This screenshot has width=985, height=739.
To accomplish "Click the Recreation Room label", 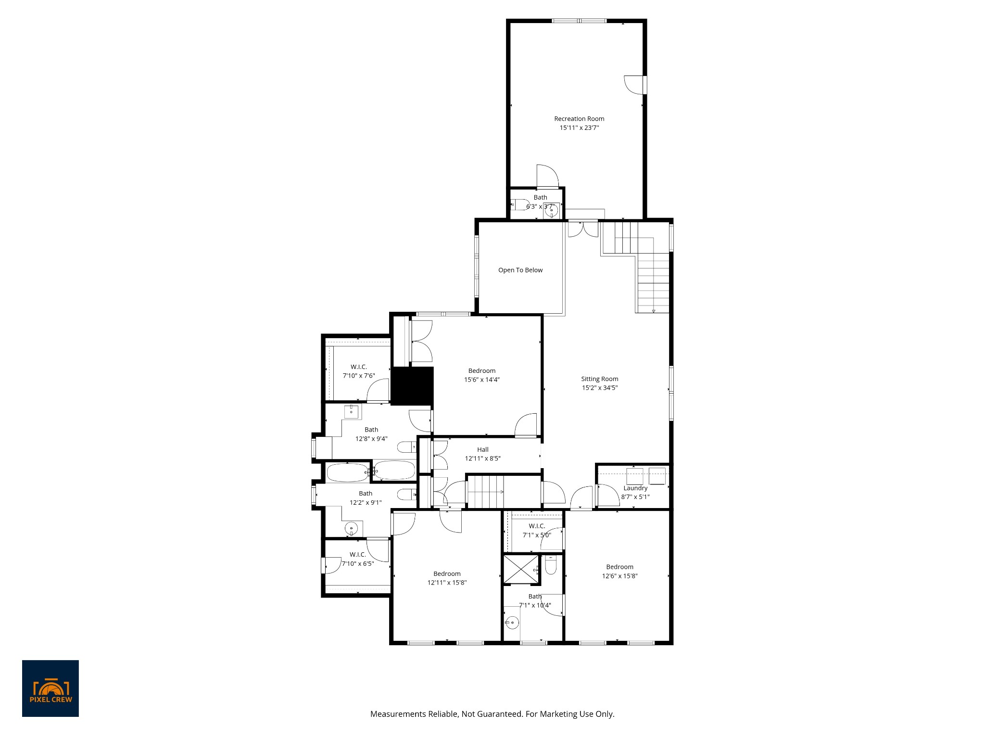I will pos(579,119).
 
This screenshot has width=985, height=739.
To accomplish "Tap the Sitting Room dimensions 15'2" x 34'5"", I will pos(599,388).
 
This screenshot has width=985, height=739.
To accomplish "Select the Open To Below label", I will pos(520,270).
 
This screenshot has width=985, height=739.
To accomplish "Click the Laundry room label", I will pos(635,488).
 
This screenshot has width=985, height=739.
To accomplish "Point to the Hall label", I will pos(483,450).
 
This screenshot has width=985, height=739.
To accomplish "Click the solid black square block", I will pos(412,386).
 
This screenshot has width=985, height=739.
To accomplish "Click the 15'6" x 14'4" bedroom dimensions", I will pos(482,380).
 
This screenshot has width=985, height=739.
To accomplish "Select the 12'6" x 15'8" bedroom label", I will pos(619,567).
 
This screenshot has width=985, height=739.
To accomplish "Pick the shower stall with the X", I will pos(521,570).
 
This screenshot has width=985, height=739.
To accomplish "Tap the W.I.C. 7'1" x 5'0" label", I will pos(537,526).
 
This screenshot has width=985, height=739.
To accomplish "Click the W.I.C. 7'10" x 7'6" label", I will pos(359,367).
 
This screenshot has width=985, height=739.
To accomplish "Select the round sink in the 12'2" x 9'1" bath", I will pos(352,529).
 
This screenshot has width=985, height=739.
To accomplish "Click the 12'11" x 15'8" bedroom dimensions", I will pos(447,583).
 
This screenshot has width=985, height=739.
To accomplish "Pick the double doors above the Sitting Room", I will pos(582,229).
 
